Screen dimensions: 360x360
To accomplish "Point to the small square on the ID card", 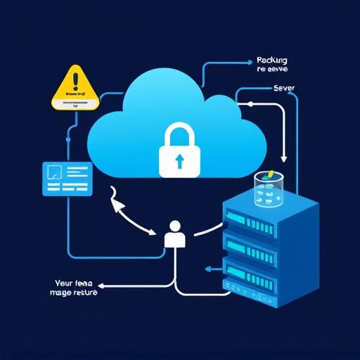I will (x=53, y=171).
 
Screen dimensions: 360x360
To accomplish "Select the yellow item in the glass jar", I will (x=270, y=173).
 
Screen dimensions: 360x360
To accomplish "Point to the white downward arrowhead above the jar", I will (x=284, y=160).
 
